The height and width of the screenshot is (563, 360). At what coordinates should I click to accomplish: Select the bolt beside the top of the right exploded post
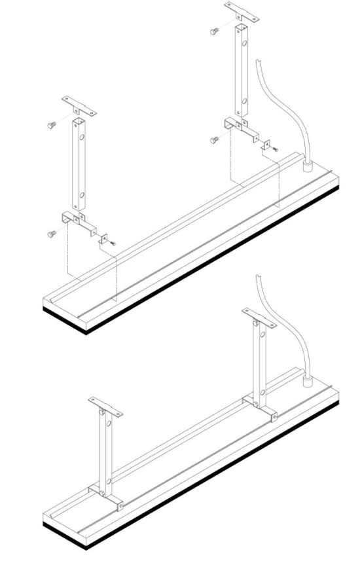[214, 31]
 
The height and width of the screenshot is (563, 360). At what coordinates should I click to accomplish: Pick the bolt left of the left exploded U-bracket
[51, 232]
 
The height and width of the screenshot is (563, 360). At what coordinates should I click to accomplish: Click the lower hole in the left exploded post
[81, 195]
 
